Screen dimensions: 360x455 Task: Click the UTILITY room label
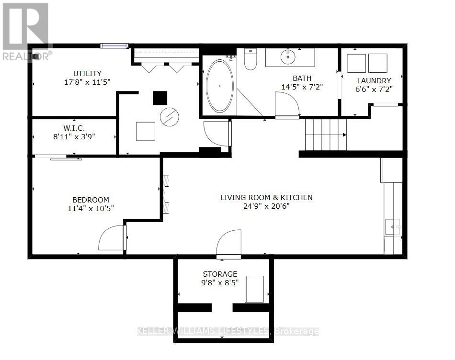point(87,73)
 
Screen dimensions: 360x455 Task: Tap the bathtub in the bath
point(220,86)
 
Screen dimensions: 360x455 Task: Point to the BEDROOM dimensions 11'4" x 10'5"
point(91,208)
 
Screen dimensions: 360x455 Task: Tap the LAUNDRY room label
point(374,80)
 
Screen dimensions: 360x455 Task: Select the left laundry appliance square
point(356,63)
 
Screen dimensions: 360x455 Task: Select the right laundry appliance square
point(378,63)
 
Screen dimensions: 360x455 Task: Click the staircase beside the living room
point(325,135)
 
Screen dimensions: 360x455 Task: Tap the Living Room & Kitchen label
point(266,197)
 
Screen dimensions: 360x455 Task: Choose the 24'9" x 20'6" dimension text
point(266,206)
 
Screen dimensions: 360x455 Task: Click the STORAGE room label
point(220,274)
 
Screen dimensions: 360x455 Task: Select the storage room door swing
point(228,245)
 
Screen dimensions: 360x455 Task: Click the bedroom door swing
point(112,238)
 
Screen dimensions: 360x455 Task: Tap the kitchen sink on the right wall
point(393,226)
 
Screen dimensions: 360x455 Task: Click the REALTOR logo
point(25,32)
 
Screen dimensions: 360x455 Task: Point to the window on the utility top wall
point(114,45)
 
